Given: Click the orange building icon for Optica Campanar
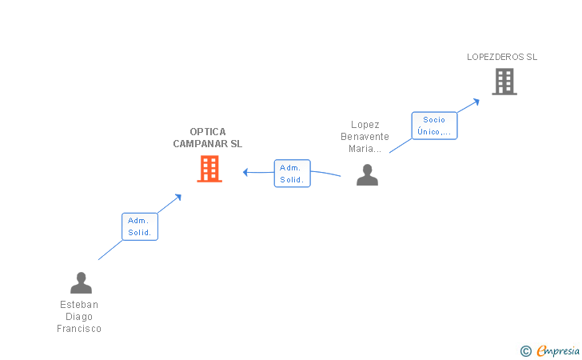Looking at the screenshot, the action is pos(209,169).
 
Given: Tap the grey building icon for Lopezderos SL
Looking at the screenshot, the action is pos(504,82).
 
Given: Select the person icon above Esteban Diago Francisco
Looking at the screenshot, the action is pos(81,282).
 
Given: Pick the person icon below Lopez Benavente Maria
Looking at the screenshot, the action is pos(367,174).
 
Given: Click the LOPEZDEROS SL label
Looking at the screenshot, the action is pos(502,57).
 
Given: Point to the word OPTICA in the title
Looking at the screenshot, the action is pos(208,132).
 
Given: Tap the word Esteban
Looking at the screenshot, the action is pos(79,305).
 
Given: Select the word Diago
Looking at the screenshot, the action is pos(79,317).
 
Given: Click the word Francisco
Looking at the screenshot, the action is pos(79,329).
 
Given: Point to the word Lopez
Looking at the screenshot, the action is pos(365,125).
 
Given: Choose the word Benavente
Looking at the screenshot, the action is pos(365,136).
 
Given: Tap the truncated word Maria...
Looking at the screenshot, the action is pos(365,149).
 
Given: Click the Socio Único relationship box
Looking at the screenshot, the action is pos(434,126).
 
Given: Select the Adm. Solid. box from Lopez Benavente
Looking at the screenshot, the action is pos(292,174).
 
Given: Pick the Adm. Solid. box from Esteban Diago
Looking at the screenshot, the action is pos(140,226).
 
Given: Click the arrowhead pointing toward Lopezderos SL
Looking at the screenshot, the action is pos(476,102).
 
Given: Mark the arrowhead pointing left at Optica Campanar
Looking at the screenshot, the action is pos(245,172).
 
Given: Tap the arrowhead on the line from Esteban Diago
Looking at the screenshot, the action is pos(178,197).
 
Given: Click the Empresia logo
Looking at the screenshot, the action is pos(550,350).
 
